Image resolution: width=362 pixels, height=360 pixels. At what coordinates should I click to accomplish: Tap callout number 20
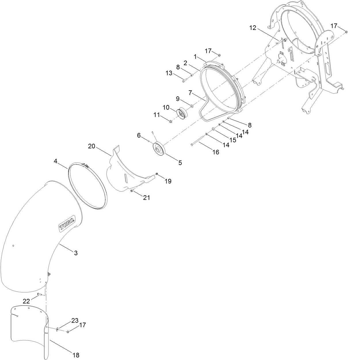click(x=92, y=146)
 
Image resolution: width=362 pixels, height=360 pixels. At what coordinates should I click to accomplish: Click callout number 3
click(x=76, y=253)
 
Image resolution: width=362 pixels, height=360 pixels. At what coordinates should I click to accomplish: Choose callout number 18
click(x=76, y=355)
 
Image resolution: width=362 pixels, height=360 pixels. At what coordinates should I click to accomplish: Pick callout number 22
click(x=26, y=301)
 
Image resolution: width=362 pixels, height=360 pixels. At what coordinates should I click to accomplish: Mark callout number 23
click(x=75, y=320)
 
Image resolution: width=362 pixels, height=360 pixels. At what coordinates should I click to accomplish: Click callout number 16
click(x=216, y=152)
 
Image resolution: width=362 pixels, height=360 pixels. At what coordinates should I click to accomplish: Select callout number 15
click(x=233, y=140)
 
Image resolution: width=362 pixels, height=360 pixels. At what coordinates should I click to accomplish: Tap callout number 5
click(x=180, y=163)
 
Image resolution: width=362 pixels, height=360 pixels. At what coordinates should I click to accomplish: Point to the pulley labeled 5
click(x=159, y=149)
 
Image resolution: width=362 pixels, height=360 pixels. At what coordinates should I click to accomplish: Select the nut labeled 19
click(x=157, y=174)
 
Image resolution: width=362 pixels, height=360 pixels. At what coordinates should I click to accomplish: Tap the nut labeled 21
click(x=132, y=191)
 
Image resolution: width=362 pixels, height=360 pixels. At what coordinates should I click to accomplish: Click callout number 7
click(x=190, y=93)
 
